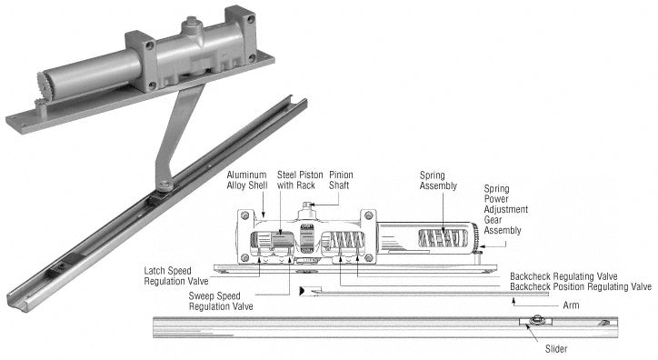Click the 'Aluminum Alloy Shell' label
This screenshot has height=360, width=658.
point(247,180)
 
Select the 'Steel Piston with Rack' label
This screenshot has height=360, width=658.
point(300,180)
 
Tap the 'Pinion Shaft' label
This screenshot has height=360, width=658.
point(341,180)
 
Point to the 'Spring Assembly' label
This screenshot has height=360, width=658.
point(438,180)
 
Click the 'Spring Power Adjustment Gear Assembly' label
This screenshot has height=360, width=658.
point(505,209)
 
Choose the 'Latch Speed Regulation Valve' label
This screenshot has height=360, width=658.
point(175,276)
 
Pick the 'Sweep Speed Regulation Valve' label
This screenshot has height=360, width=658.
point(221,301)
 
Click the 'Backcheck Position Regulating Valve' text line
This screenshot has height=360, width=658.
point(581,287)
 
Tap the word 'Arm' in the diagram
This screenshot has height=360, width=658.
point(571,305)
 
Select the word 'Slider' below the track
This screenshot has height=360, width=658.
point(556,349)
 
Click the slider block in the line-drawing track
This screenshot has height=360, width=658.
point(535,322)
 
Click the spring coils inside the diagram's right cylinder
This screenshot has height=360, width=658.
point(443,239)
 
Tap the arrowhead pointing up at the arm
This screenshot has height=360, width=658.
point(513,300)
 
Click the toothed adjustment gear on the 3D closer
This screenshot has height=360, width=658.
point(44,85)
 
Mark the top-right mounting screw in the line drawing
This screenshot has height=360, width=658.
point(368,215)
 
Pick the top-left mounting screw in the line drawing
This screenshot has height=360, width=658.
point(245,215)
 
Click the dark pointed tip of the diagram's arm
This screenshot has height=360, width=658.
point(302,290)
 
